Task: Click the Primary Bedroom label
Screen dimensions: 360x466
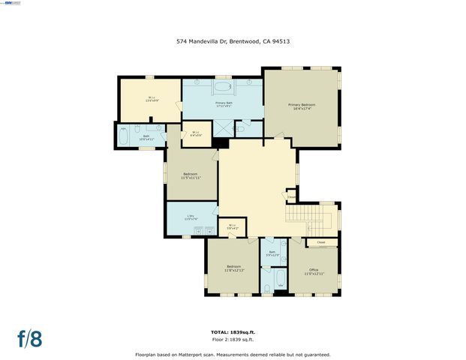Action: click(302, 106)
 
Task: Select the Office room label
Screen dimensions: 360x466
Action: click(314, 271)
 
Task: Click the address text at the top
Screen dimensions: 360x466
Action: click(233, 42)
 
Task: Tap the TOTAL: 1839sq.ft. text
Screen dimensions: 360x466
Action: click(233, 331)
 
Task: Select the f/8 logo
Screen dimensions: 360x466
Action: click(29, 337)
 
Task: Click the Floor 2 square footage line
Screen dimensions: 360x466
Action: click(233, 338)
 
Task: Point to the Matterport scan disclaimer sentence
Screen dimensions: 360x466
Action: click(233, 354)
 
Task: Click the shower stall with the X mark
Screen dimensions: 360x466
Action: click(224, 127)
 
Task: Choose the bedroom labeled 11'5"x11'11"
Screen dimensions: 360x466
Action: click(190, 175)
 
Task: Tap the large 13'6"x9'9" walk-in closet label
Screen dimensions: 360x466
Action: click(150, 98)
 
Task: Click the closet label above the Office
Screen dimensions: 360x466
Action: click(320, 243)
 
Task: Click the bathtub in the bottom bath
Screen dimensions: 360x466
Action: click(280, 282)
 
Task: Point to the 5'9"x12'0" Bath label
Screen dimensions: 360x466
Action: click(272, 253)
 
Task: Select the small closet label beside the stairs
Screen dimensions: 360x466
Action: click(292, 198)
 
